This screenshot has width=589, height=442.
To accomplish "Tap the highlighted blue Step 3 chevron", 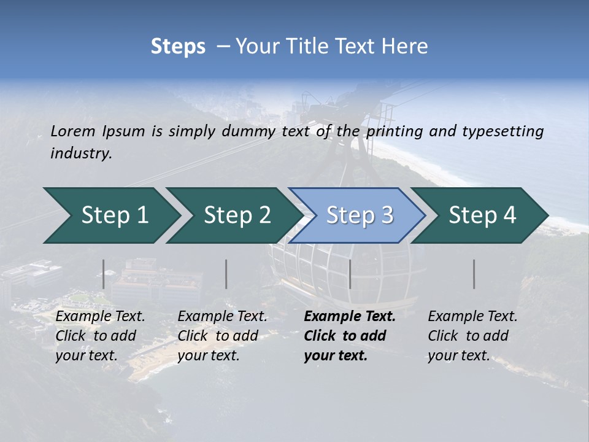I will [358, 215].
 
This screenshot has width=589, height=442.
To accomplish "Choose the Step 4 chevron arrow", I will [482, 215].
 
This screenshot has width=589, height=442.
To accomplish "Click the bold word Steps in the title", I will [178, 47].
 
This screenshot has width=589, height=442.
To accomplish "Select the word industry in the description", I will [81, 153].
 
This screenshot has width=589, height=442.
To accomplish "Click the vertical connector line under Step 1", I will [104, 274].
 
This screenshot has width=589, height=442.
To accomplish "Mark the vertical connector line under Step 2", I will [226, 274].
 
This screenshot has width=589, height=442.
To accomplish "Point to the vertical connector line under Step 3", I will [350, 274].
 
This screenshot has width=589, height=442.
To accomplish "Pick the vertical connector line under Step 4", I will [474, 274].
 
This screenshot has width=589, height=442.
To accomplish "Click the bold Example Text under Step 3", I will [350, 317].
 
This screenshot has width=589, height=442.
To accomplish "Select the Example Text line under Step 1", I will [100, 317].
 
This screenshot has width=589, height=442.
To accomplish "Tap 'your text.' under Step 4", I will [458, 355].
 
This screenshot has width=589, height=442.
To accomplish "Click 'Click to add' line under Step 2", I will [218, 336].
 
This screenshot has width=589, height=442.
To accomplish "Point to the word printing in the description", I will [392, 131].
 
